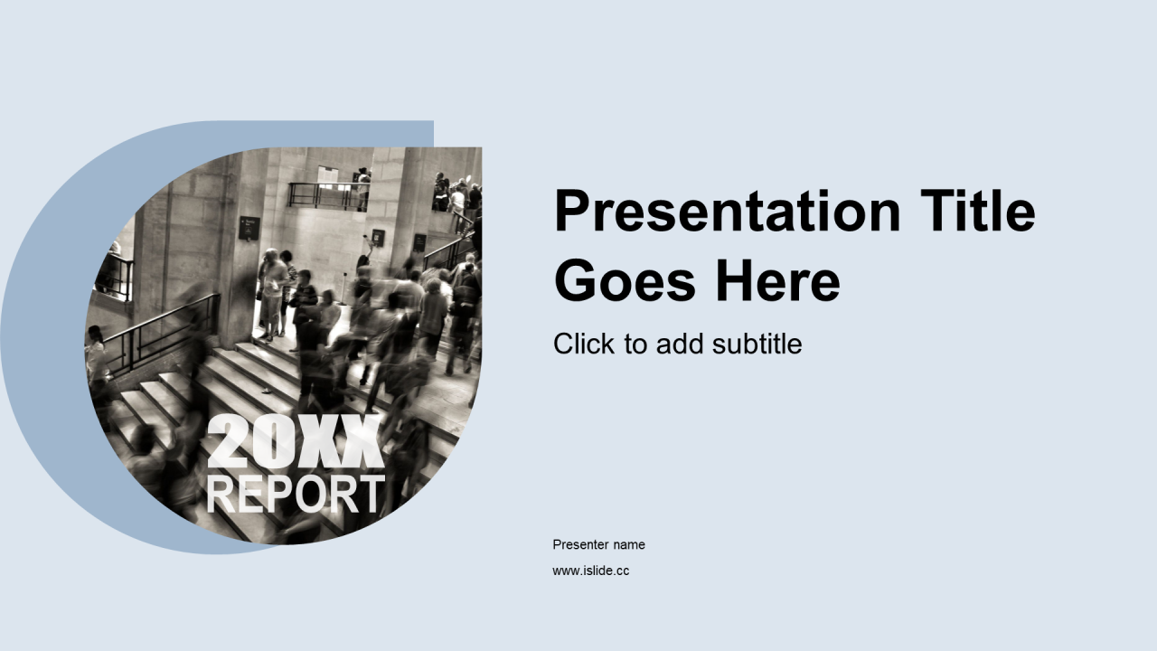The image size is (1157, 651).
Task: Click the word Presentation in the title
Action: click(x=728, y=212)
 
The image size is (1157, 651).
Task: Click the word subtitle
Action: click(x=757, y=344)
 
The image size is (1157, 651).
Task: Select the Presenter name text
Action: click(x=598, y=544)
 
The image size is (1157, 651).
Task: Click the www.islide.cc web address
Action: click(x=591, y=571)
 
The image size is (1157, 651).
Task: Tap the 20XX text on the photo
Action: click(x=296, y=441)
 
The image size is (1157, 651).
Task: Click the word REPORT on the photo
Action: click(x=296, y=495)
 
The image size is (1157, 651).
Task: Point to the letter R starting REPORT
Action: click(x=221, y=495)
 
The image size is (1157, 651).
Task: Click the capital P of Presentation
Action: click(x=572, y=211)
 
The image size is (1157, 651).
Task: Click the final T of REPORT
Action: click(x=371, y=495)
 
